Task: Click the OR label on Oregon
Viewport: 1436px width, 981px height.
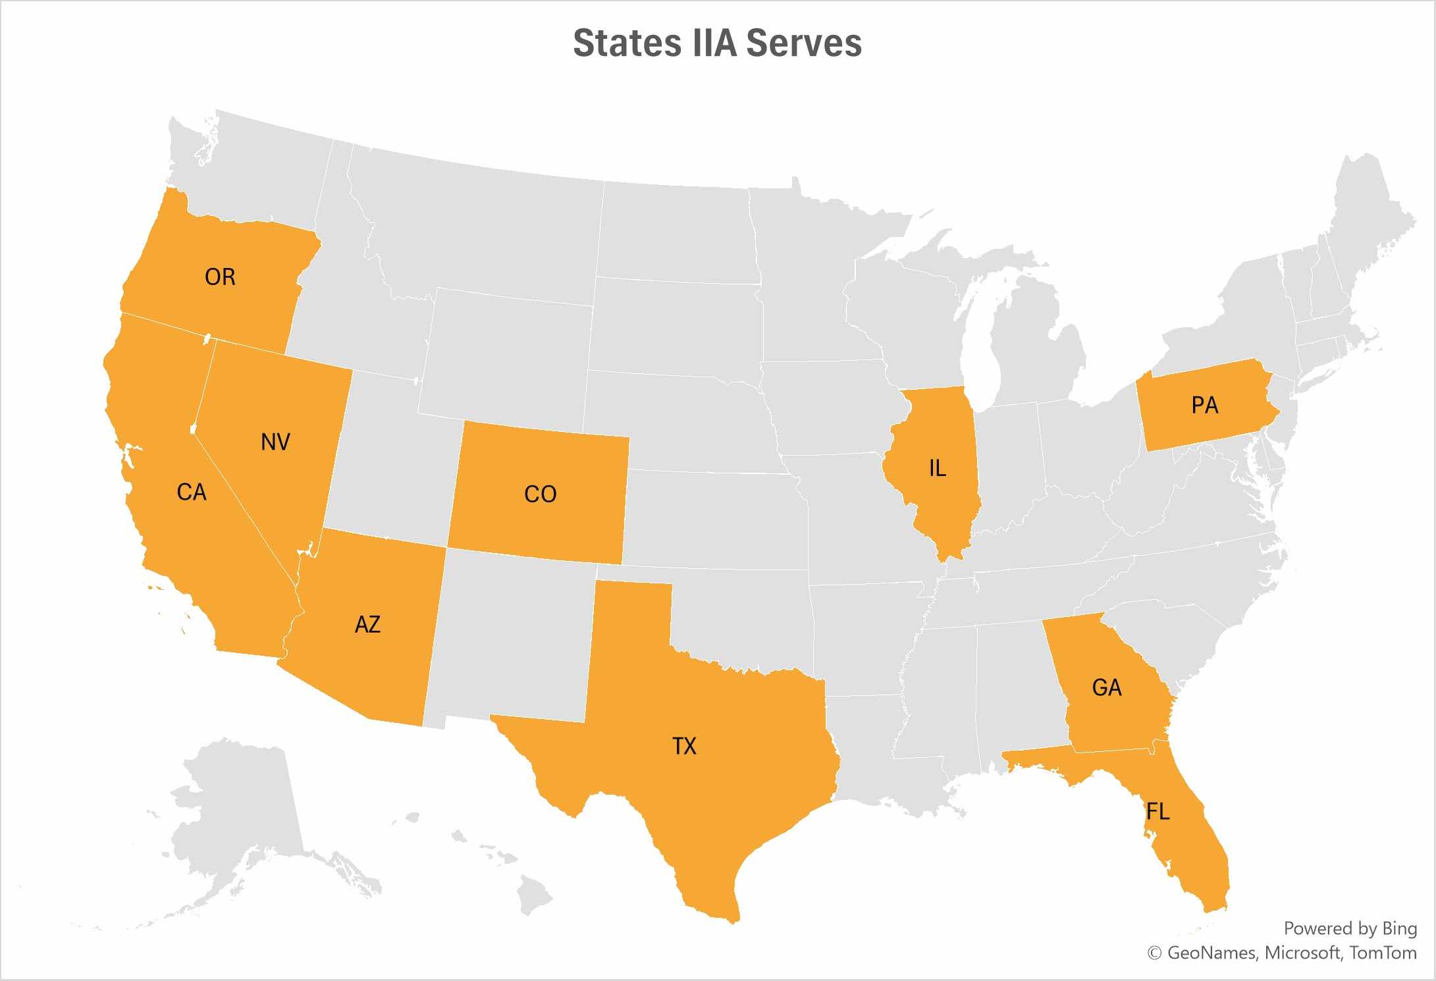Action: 220,277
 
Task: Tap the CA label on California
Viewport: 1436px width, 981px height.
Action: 192,492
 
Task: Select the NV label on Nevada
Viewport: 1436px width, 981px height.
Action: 275,442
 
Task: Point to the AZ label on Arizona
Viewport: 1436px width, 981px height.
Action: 367,624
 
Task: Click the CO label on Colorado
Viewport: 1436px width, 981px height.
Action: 540,494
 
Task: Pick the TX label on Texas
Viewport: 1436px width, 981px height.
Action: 684,746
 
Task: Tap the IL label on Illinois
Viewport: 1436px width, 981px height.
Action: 937,468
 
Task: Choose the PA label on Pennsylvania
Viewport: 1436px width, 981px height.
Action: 1205,405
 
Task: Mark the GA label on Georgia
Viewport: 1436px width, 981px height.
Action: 1106,687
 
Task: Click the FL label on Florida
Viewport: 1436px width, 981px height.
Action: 1158,811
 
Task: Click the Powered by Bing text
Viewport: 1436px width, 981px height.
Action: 1350,928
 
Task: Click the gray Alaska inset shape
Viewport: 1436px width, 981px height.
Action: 244,810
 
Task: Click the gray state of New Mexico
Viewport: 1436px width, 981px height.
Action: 514,639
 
